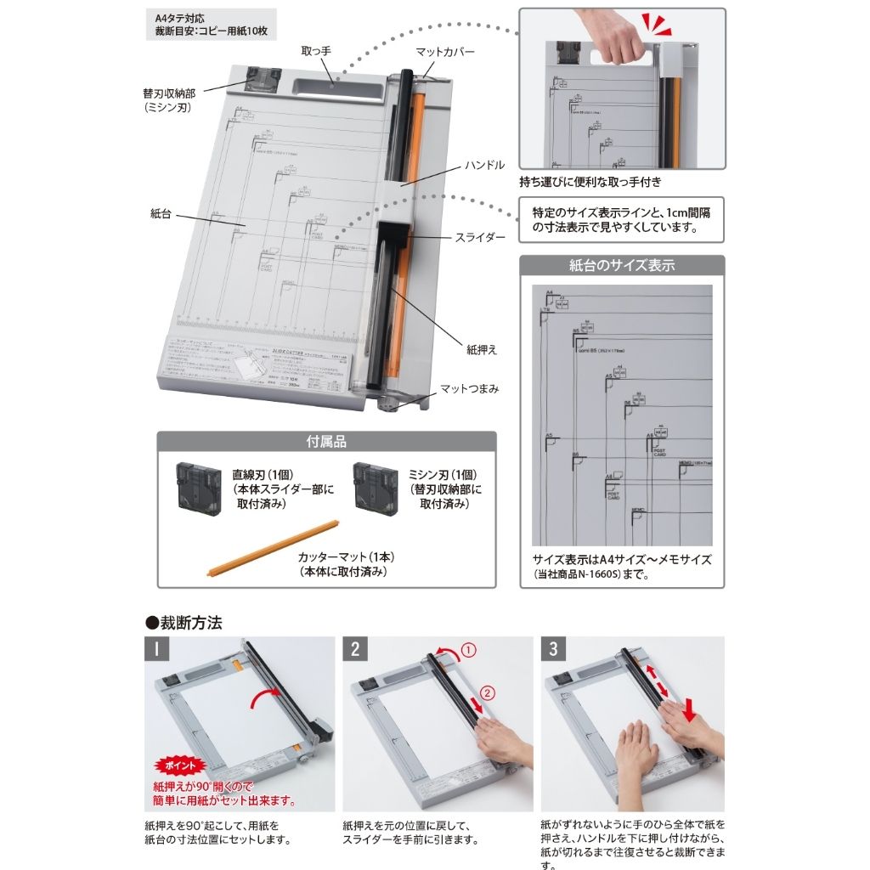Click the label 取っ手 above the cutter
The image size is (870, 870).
pos(316,52)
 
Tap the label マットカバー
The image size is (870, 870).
pos(445,52)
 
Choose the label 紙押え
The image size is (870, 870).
pos(479,348)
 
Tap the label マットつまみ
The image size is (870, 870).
pos(469,389)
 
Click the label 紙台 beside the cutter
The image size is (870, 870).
pos(161,214)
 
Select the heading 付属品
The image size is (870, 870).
pos(326,443)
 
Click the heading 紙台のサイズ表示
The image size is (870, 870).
pos(622,265)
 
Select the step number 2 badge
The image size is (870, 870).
pos(356,650)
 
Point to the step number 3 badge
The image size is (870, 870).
pos(554,650)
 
